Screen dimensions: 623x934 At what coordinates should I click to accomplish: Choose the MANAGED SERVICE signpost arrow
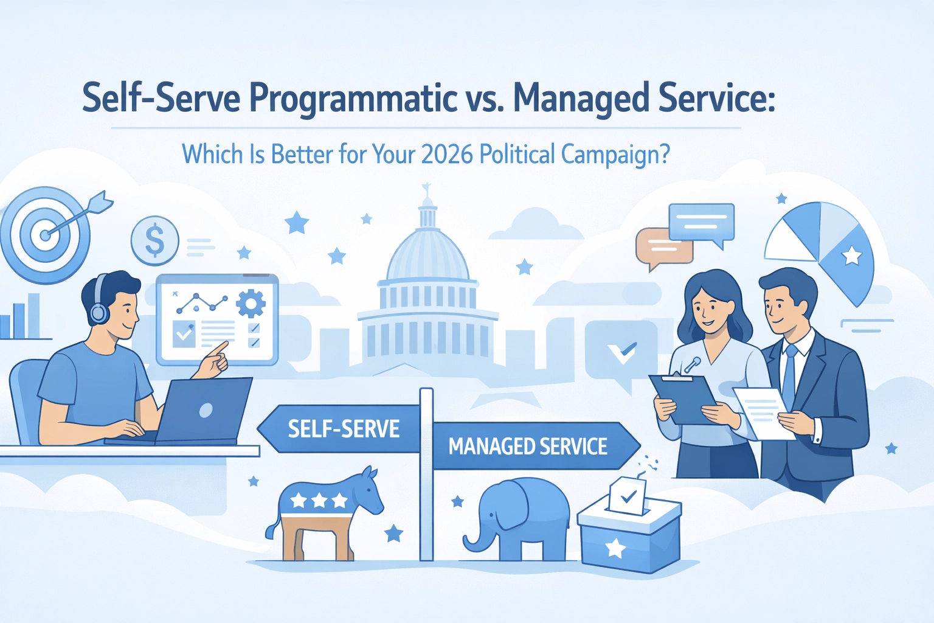(x=529, y=447)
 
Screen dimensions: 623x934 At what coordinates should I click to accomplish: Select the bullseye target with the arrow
(x=46, y=234)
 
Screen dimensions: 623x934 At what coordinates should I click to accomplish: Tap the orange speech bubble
(x=663, y=246)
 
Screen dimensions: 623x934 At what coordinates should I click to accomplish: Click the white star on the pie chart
(x=851, y=256)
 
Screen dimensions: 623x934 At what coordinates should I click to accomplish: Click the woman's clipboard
(x=681, y=399)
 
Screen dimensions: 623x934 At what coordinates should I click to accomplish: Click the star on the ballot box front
(x=615, y=548)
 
